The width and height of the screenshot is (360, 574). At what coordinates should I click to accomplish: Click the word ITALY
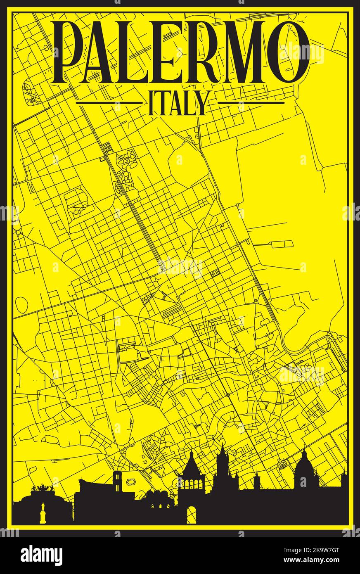click(x=179, y=103)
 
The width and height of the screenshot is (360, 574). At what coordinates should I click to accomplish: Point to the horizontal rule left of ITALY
click(x=109, y=102)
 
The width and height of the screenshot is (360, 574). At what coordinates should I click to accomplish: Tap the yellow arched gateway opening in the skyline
click(x=191, y=515)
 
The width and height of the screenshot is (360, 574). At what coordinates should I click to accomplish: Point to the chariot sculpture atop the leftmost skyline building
click(x=41, y=489)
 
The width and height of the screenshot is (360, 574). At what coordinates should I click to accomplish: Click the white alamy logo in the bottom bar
click(x=41, y=555)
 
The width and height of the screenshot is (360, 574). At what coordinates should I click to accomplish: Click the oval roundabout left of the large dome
click(x=282, y=464)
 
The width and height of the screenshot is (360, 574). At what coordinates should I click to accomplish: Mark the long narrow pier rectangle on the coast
click(x=282, y=244)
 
